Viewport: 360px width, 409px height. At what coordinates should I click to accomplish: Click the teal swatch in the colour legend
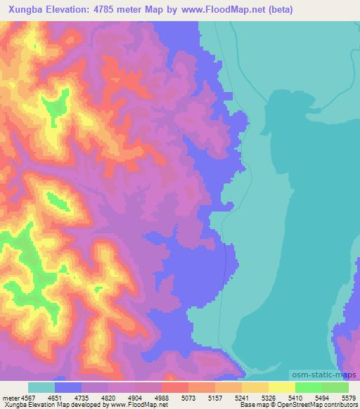pos(41,387)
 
